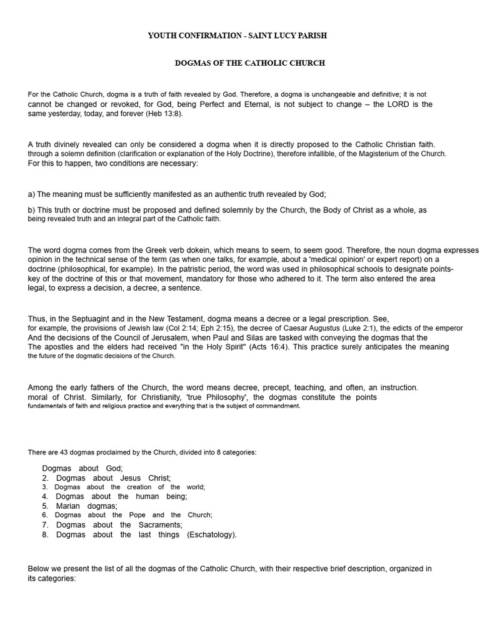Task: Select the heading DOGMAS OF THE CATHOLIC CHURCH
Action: coord(249,63)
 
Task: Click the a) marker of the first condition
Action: coord(32,194)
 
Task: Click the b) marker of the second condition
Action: coord(32,210)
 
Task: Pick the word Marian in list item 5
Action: coord(68,506)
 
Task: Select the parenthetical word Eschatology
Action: coord(212,534)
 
